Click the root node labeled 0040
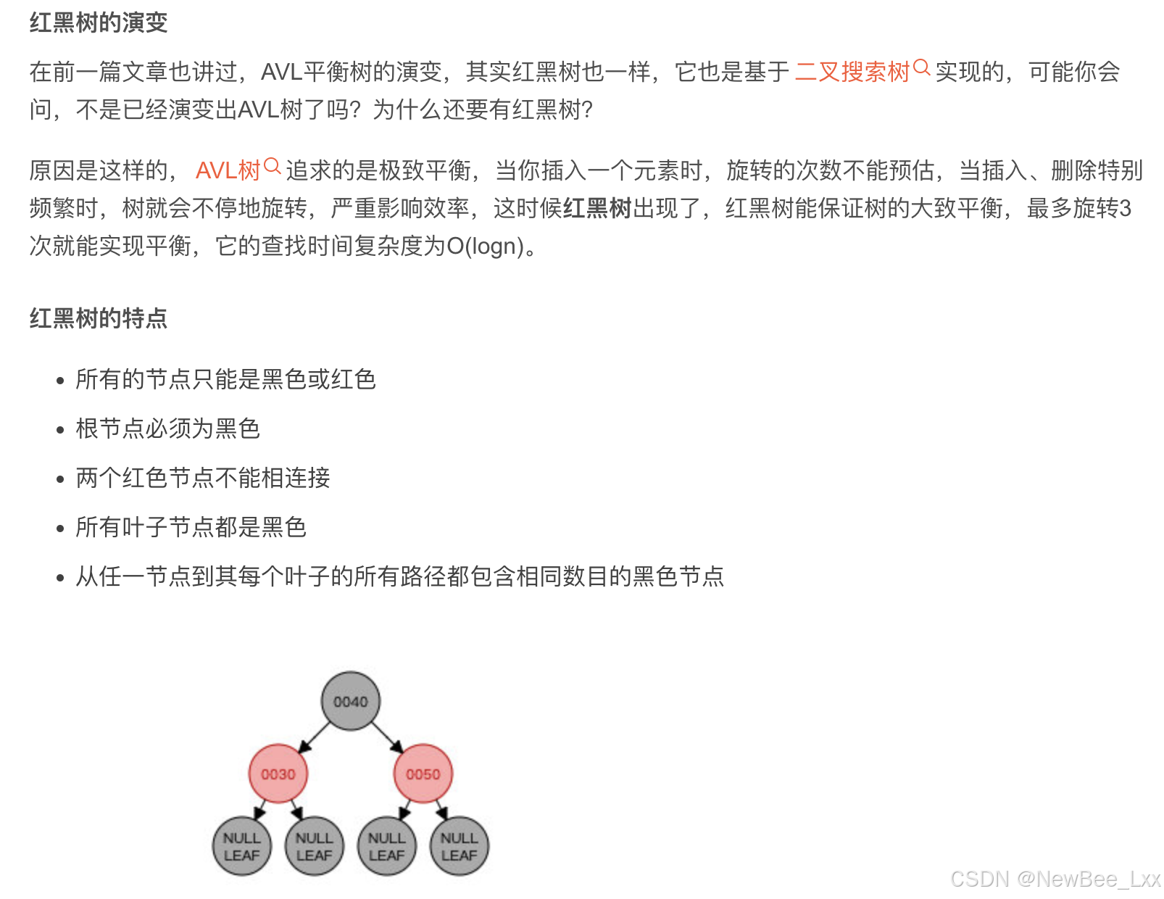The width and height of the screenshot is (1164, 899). [x=351, y=701]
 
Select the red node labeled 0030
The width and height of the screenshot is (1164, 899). [x=278, y=774]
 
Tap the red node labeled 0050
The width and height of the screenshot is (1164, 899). [x=423, y=774]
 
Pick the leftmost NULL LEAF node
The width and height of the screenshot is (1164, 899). [x=242, y=846]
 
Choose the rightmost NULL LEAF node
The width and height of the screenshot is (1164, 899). [x=460, y=846]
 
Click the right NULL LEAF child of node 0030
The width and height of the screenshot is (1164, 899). [x=315, y=846]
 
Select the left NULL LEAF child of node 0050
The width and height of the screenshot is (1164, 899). [x=387, y=846]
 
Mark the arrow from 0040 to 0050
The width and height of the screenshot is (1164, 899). [x=387, y=737]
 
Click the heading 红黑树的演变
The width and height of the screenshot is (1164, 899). [x=99, y=22]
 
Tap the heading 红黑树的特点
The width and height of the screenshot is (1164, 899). [x=99, y=318]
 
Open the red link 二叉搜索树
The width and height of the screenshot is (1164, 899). [x=852, y=72]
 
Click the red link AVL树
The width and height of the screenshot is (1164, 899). [x=228, y=170]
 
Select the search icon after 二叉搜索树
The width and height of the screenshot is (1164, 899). [x=921, y=68]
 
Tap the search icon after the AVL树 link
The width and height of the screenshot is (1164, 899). [x=273, y=167]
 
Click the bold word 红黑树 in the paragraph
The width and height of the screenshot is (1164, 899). [x=597, y=209]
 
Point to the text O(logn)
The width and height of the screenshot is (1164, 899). [x=485, y=246]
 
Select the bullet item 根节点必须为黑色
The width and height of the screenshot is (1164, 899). [x=167, y=428]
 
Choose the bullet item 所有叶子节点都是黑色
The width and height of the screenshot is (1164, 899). [x=191, y=527]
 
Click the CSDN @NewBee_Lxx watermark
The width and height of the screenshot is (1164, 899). [x=1055, y=879]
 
